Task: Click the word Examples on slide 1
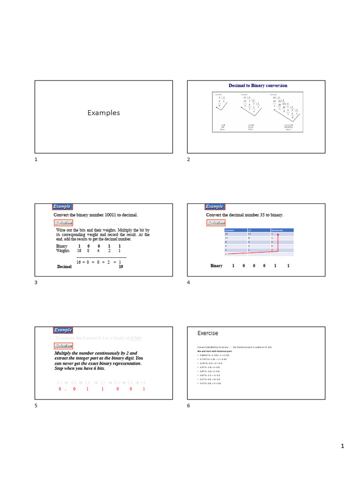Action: pos(104,113)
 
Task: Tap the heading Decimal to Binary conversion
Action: pos(258,86)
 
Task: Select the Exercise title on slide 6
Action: pos(208,333)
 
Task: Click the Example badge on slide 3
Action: pos(62,207)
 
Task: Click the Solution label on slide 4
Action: pos(216,223)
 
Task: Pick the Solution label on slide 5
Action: pos(63,346)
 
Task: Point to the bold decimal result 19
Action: pos(120,266)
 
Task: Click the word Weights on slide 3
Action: pos(63,251)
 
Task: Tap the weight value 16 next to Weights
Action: pos(79,251)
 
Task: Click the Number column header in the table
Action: pos(230,230)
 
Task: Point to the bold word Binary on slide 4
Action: pos(217,266)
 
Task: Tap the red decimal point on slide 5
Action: pos(66,389)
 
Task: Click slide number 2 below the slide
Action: pos(188,160)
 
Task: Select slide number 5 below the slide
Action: pos(36,405)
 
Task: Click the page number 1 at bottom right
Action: pos(342,446)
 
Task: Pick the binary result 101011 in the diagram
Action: pos(288,127)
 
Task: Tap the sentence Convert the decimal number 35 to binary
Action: pos(245,215)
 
